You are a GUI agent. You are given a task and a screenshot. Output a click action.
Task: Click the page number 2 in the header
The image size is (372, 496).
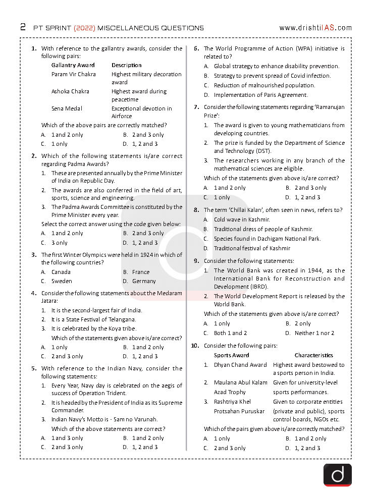tap(23, 27)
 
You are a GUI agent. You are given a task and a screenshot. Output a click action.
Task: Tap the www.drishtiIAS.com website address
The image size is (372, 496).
tap(315, 28)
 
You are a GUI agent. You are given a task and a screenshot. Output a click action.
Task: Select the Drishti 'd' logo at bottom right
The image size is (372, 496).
tap(337, 475)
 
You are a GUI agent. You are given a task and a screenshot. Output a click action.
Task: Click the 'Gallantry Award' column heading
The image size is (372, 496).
tap(73, 65)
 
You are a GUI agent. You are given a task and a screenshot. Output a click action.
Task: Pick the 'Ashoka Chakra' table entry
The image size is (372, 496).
tap(70, 91)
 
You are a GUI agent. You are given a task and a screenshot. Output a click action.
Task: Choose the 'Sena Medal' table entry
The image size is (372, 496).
tap(67, 108)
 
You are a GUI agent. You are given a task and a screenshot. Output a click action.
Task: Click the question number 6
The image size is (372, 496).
tap(196, 49)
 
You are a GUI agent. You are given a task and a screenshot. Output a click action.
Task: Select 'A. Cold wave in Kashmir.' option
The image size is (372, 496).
tap(237, 219)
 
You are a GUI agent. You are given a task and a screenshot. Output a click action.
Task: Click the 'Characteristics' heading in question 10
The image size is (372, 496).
tap(313, 355)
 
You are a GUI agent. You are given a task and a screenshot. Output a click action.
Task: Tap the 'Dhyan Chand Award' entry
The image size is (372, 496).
tap(240, 365)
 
